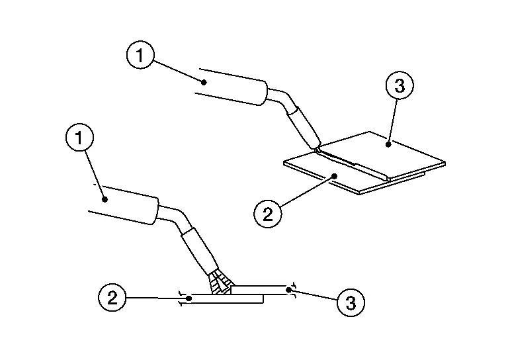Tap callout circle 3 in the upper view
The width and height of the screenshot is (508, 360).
tap(399, 85)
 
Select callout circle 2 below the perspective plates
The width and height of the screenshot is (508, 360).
tap(267, 214)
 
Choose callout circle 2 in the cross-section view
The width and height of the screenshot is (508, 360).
tap(112, 297)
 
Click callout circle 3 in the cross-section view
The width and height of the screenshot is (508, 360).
tap(351, 303)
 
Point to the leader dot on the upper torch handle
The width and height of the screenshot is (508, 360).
tap(205, 82)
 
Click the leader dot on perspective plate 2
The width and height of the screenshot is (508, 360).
tap(335, 175)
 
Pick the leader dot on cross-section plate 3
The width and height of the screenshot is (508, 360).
tap(288, 289)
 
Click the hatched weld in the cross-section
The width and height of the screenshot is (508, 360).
tap(220, 285)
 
